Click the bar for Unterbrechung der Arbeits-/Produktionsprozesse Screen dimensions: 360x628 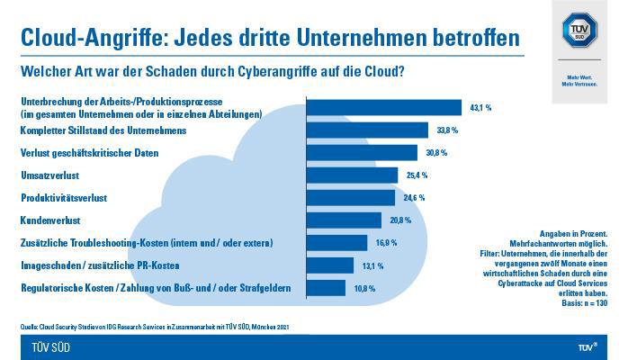click(x=383, y=107)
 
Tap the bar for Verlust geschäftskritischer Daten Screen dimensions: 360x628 click(x=362, y=152)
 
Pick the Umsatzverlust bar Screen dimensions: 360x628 click(x=352, y=175)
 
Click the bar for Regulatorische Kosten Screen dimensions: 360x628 click(x=326, y=288)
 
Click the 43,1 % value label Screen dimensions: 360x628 click(x=480, y=107)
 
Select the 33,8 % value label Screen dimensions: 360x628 click(x=447, y=130)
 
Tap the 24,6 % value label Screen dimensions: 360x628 click(x=414, y=197)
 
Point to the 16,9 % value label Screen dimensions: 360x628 click(x=386, y=243)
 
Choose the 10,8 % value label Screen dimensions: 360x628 click(x=364, y=288)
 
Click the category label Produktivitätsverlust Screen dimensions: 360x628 click(x=64, y=197)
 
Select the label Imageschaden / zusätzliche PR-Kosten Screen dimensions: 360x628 click(x=99, y=265)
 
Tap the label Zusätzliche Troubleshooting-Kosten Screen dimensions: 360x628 click(x=146, y=243)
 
